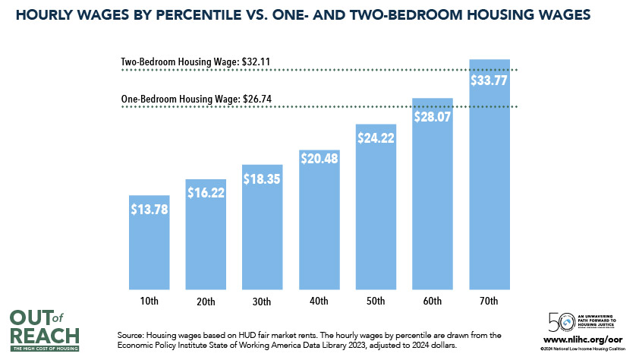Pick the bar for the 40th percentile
click(319, 228)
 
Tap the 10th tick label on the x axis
click(149, 302)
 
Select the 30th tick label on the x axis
click(262, 302)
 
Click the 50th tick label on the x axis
click(376, 302)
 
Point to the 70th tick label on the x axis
click(489, 302)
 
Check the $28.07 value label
click(432, 117)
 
